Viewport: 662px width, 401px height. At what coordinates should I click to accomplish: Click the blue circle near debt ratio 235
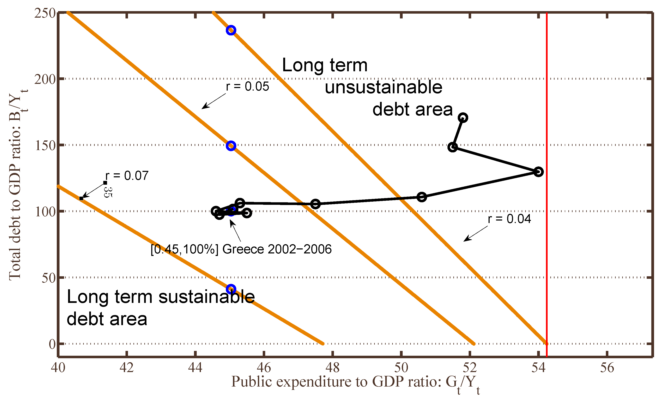tap(231, 30)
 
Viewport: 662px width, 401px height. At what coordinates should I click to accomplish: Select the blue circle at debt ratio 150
tap(231, 146)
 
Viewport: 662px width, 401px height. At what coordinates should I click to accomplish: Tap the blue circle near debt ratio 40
tap(231, 289)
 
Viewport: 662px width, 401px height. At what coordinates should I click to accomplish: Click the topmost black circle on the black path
tap(463, 117)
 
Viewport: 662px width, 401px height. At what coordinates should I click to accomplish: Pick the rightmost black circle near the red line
tap(538, 171)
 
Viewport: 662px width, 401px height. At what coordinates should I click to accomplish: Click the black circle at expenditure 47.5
tap(315, 204)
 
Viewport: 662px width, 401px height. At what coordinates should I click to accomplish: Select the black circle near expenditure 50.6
tap(422, 197)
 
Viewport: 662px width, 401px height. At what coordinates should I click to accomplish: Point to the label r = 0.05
tap(247, 87)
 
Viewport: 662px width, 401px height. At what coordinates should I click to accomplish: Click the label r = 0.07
tap(127, 175)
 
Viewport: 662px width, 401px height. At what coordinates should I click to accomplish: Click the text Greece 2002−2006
tap(277, 249)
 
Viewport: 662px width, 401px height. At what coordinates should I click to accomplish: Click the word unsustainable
tap(383, 87)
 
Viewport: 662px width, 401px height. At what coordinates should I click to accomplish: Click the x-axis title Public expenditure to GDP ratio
tap(336, 381)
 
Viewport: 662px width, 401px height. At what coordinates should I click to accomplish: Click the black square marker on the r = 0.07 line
tap(81, 198)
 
